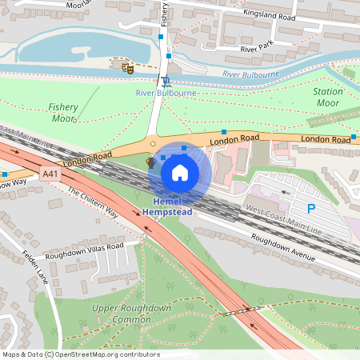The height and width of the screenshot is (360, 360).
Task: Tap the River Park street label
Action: pos(258,49)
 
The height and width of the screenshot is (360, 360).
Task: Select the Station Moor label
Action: pos(327,98)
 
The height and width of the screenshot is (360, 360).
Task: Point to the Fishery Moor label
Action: pos(62,112)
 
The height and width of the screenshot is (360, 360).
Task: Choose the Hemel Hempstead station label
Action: pos(169,206)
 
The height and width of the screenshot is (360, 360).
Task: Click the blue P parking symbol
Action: pos(311,207)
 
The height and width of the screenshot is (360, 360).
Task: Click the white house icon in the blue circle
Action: pos(180,172)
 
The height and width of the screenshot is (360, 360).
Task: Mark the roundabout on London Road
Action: pos(153,144)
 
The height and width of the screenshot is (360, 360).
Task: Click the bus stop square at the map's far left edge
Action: pos(5,173)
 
